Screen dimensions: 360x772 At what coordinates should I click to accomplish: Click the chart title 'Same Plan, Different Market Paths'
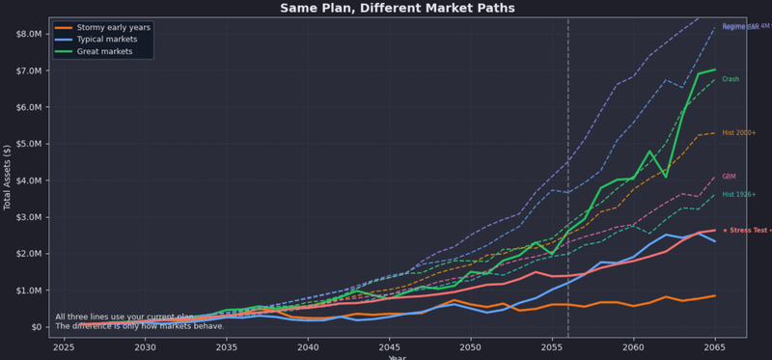pyautogui.click(x=397, y=8)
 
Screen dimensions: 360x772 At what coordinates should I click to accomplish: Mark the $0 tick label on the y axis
pyautogui.click(x=36, y=327)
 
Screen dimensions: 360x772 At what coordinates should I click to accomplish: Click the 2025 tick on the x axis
pyautogui.click(x=64, y=346)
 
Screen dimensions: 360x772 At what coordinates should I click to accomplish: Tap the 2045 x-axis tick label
pyautogui.click(x=389, y=346)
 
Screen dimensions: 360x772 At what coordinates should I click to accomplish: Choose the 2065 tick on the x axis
pyautogui.click(x=714, y=346)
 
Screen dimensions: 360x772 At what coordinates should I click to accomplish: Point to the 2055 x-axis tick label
pyautogui.click(x=552, y=346)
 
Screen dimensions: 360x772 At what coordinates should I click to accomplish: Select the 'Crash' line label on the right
pyautogui.click(x=731, y=79)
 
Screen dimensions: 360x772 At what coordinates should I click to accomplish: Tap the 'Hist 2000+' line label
pyautogui.click(x=739, y=132)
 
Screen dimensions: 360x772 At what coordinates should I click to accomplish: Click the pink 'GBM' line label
pyautogui.click(x=730, y=177)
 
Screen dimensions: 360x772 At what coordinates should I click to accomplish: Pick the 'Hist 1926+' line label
pyautogui.click(x=739, y=195)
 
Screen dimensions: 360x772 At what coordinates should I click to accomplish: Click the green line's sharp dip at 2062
pyautogui.click(x=666, y=177)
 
